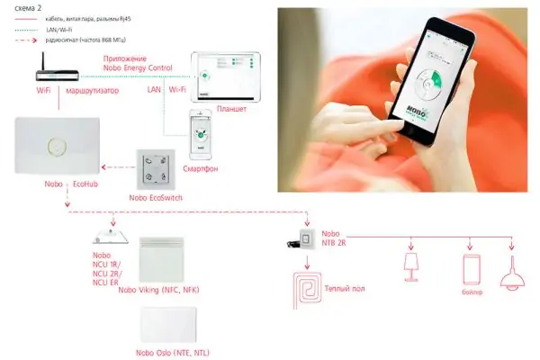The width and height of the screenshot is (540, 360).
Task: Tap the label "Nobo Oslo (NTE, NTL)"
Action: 165,352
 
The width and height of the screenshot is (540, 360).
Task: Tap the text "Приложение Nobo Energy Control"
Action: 138,62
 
